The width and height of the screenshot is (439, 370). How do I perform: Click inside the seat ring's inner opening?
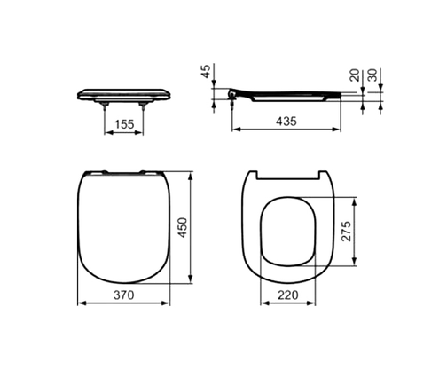pyautogui.click(x=289, y=231)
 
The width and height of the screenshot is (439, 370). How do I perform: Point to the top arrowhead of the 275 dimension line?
pyautogui.click(x=356, y=196)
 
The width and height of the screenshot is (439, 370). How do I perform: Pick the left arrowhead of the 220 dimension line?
pyautogui.click(x=262, y=303)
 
